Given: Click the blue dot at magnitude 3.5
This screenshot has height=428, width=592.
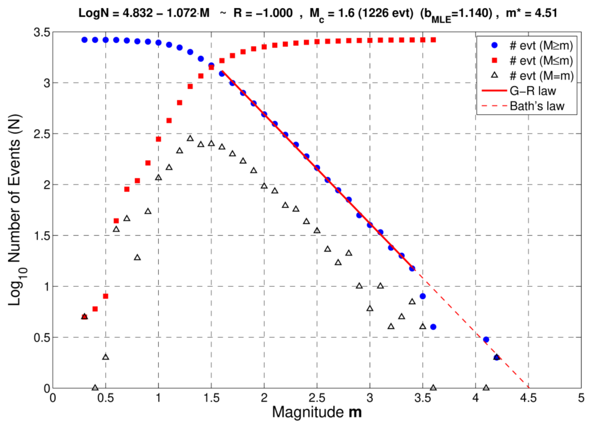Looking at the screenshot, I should click(x=423, y=296).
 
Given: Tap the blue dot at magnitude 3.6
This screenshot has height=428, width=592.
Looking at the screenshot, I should click(x=433, y=327).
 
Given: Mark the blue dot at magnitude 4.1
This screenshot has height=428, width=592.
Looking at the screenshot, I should click(x=486, y=339).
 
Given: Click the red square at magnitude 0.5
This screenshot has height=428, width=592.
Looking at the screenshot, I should click(x=105, y=296).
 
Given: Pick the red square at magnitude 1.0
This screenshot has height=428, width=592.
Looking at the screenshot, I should click(x=158, y=139).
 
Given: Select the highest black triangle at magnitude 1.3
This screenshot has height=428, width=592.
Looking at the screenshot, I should click(x=190, y=138).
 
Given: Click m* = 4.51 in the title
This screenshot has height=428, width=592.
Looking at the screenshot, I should click(x=531, y=13).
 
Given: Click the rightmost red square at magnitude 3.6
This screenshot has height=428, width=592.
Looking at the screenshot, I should click(x=433, y=40).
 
